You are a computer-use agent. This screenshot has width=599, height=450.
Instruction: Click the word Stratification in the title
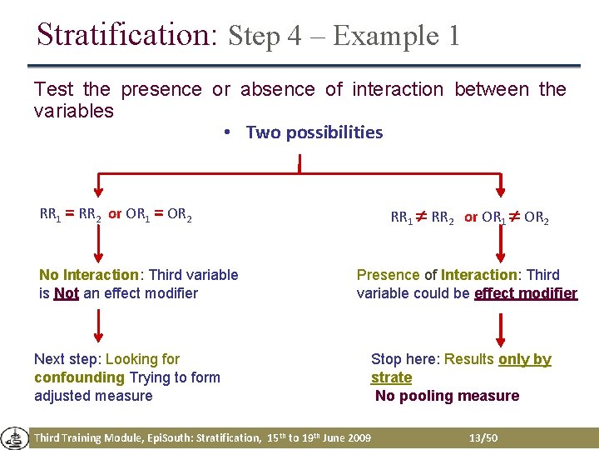(x=126, y=34)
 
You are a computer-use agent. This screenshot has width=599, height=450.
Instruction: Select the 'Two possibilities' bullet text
(x=314, y=132)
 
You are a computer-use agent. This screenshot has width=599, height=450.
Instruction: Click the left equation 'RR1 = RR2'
(x=71, y=214)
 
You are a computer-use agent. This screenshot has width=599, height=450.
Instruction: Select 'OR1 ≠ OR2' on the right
(x=515, y=217)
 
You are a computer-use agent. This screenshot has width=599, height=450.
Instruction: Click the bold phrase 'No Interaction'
(x=88, y=275)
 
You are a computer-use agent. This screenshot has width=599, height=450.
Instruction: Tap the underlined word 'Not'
(x=66, y=293)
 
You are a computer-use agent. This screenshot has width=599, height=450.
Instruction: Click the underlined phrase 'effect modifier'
(x=525, y=293)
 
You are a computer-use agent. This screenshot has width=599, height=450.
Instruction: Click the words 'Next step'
(x=66, y=359)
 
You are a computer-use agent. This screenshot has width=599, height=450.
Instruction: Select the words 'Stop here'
(x=404, y=359)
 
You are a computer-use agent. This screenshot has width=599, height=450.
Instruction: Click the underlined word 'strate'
(x=391, y=377)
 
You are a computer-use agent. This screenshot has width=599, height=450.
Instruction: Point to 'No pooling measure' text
(x=447, y=396)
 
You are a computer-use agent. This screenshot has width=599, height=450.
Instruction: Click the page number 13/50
(x=483, y=437)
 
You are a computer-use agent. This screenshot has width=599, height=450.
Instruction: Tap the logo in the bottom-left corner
(x=14, y=437)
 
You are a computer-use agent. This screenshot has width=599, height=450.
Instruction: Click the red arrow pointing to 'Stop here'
(x=500, y=331)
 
